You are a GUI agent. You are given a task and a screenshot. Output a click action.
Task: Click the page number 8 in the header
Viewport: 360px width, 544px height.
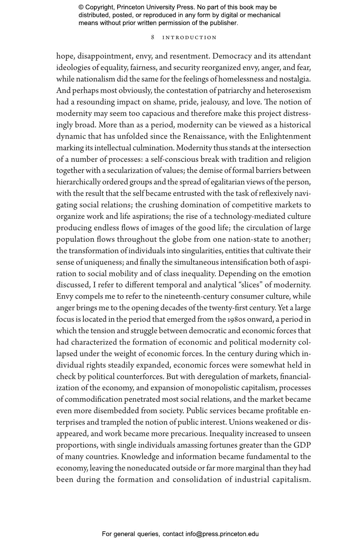pyautogui.click(x=153, y=37)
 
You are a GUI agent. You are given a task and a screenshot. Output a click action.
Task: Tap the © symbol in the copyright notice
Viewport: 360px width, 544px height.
pyautogui.click(x=81, y=7)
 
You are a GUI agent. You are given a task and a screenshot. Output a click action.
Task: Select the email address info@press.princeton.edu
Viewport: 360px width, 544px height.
pyautogui.click(x=222, y=534)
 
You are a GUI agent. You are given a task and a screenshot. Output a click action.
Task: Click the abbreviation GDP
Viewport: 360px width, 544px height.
pyautogui.click(x=302, y=445)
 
